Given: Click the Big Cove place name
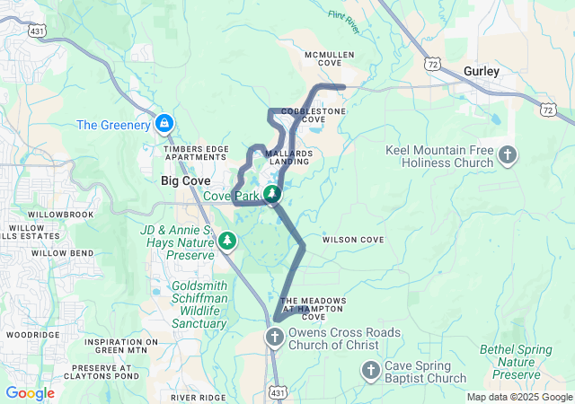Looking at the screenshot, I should point(185,180).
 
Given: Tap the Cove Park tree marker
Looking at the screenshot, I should point(272,194).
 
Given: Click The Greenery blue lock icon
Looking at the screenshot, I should point(164,123).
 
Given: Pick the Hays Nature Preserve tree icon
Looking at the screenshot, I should point(228,241).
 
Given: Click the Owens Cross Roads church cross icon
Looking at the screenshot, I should point(275,337).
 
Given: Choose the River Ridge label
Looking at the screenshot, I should point(198,396).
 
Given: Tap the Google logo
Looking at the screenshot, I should point(30,393).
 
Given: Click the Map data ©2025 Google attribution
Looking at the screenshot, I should point(518,398).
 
